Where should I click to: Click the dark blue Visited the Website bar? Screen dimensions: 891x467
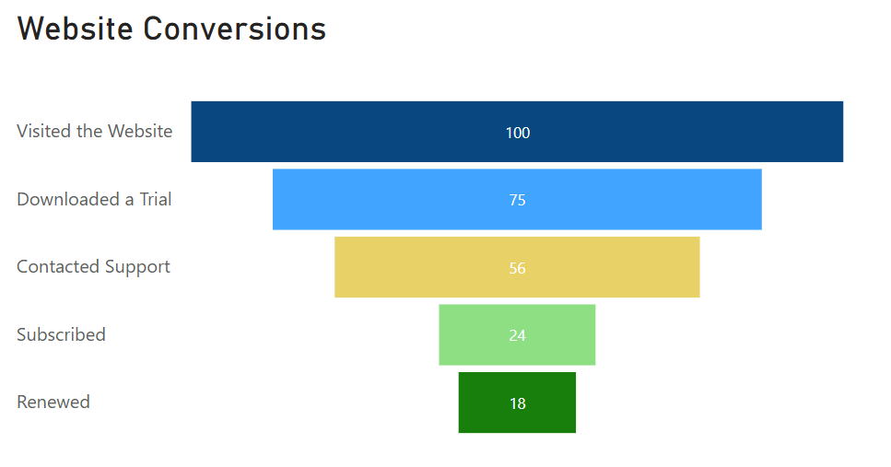(x=517, y=132)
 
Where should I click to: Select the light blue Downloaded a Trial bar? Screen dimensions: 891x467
(x=517, y=199)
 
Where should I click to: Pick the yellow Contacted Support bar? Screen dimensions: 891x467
(x=517, y=267)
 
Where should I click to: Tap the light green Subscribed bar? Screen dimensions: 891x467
(x=517, y=334)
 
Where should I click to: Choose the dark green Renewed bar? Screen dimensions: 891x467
(x=517, y=403)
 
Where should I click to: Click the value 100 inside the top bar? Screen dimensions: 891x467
(x=518, y=133)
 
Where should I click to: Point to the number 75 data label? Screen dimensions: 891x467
(x=517, y=200)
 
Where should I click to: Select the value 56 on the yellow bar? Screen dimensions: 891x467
(x=517, y=268)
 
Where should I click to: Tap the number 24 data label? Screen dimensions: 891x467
(x=517, y=335)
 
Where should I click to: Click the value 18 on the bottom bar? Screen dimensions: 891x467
(x=518, y=403)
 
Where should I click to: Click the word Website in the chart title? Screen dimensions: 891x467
(x=75, y=29)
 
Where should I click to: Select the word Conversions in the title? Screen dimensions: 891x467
(x=235, y=29)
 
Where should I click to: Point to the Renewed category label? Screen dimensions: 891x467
(x=53, y=402)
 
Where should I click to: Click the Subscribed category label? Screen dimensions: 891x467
(x=62, y=334)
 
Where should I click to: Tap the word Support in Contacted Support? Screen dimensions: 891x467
(x=137, y=267)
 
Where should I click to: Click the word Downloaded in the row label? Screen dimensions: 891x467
(x=68, y=199)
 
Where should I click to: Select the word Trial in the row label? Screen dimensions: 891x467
(x=156, y=199)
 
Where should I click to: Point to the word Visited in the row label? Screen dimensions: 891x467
(x=44, y=131)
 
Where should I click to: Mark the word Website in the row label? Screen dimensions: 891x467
(x=140, y=131)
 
